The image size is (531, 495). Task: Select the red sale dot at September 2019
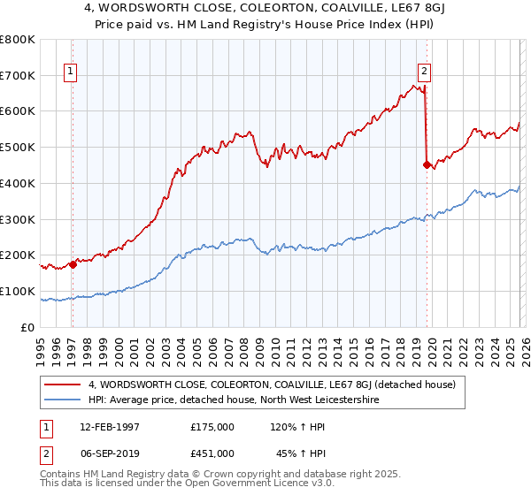[x=427, y=164]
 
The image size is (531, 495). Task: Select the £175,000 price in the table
[x=212, y=427]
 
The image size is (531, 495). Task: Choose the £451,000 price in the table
[x=212, y=453]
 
